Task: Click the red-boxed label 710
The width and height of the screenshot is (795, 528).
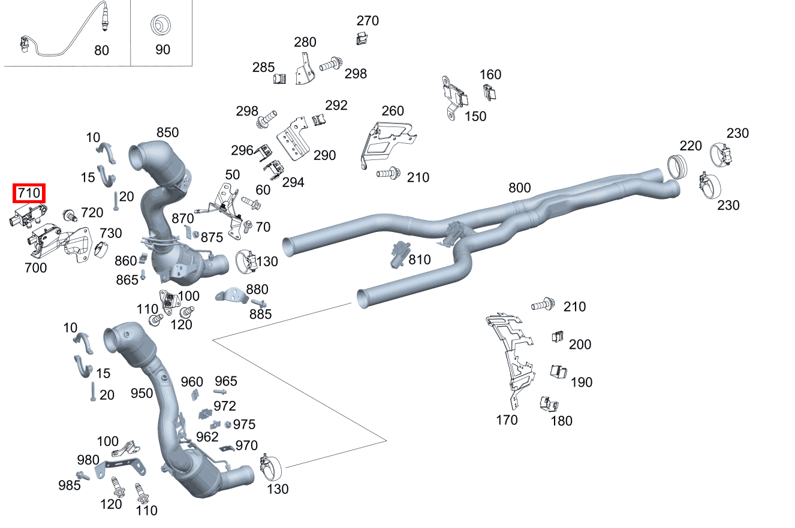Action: click(29, 193)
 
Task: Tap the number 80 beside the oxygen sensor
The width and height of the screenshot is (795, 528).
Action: click(101, 50)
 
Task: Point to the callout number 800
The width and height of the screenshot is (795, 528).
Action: click(519, 188)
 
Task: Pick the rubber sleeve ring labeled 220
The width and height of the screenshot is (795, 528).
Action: click(678, 166)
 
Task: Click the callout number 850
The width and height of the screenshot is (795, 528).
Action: click(167, 132)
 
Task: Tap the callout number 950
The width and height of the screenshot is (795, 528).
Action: click(142, 393)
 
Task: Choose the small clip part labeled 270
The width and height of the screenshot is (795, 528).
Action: click(361, 39)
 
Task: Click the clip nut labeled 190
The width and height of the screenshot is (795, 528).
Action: click(558, 372)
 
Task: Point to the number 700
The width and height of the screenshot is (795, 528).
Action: click(35, 268)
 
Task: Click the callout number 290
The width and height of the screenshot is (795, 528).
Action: click(324, 155)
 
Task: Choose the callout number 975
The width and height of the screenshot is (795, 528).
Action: click(244, 424)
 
